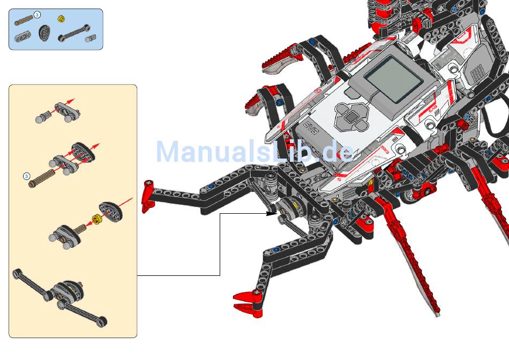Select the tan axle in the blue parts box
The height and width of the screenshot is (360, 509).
tap(24, 21)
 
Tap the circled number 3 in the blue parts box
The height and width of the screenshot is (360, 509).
tap(37, 14)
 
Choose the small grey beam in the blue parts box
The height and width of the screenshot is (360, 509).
tap(23, 36)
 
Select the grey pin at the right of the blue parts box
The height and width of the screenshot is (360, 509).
tap(93, 38)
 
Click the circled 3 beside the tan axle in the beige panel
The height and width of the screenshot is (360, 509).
tap(26, 176)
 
